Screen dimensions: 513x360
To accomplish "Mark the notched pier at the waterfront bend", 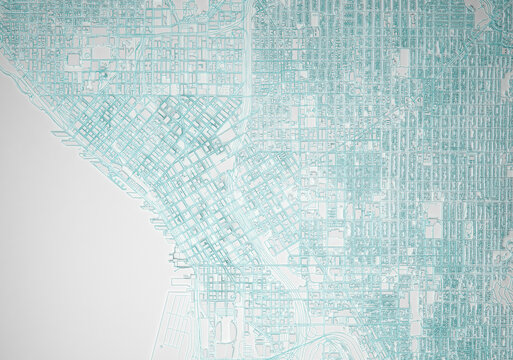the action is click(x=177, y=262).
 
